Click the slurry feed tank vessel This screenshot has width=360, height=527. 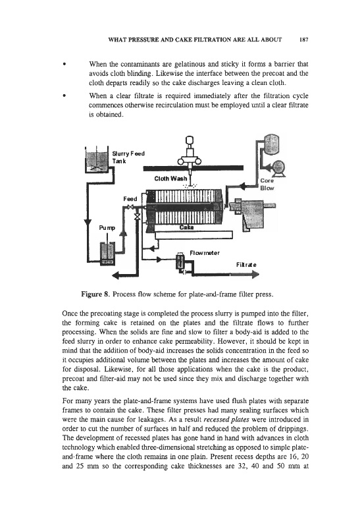(x=97, y=159)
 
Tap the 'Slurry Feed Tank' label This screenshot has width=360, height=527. (x=128, y=157)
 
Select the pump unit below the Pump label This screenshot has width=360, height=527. (x=108, y=253)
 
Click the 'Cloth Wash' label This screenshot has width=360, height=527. (x=170, y=178)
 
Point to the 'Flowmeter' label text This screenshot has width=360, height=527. (x=205, y=253)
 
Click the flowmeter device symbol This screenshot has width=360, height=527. (x=180, y=261)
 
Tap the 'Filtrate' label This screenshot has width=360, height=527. (x=246, y=265)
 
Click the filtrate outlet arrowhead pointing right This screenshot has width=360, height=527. (x=255, y=275)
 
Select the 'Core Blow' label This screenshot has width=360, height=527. (x=267, y=184)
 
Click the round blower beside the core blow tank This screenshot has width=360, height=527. (x=278, y=167)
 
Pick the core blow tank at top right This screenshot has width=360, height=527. (x=272, y=144)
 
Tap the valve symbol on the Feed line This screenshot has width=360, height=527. (x=130, y=207)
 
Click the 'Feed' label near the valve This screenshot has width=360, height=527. (x=130, y=199)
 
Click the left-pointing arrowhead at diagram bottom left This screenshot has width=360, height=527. (x=116, y=275)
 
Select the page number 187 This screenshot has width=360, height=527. (x=303, y=40)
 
